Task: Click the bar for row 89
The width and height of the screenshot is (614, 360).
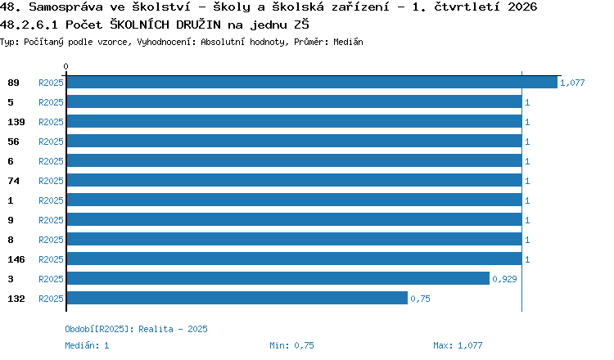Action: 312,82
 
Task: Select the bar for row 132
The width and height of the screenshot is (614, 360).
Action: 237,298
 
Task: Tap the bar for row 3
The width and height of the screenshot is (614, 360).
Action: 278,278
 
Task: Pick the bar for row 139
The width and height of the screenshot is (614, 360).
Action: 295,121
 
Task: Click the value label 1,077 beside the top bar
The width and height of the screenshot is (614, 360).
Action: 572,83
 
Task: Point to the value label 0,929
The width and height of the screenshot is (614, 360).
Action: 504,279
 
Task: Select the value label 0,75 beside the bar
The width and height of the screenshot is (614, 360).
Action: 420,299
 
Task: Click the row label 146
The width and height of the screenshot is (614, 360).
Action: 16,259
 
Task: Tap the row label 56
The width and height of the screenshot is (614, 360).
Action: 13,142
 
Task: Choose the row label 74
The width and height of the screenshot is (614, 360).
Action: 13,181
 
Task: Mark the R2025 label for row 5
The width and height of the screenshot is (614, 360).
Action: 51,102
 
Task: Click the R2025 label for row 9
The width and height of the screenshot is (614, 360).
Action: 51,220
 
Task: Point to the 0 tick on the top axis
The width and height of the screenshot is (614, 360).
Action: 65,66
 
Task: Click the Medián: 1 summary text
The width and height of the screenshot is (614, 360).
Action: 87,345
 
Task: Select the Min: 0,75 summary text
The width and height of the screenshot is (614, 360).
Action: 291,345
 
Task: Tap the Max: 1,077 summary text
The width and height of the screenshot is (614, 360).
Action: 458,345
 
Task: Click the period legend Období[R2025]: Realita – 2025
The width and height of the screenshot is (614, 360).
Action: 136,329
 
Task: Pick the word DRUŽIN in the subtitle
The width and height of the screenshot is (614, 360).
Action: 199,25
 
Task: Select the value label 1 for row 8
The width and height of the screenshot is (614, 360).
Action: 527,240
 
